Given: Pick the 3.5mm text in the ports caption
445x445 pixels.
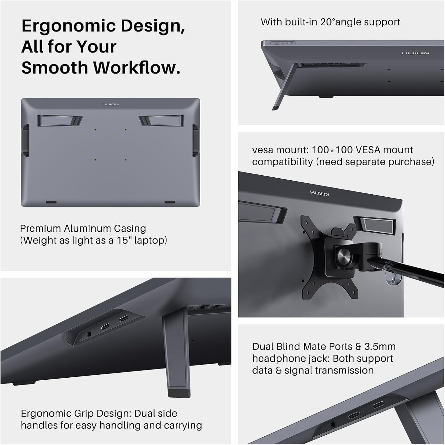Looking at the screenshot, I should pyautogui.click(x=377, y=347).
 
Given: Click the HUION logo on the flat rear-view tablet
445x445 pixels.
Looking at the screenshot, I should pyautogui.click(x=110, y=104).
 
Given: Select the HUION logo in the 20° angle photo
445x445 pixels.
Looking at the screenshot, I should pyautogui.click(x=415, y=53).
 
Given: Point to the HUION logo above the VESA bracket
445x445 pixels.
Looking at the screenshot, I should pyautogui.click(x=320, y=194).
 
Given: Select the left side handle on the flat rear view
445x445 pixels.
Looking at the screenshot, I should pyautogui.click(x=26, y=140).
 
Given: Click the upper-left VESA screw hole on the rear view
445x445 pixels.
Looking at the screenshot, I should pyautogui.click(x=95, y=130).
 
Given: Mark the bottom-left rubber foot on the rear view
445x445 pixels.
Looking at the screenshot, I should pyautogui.click(x=51, y=202).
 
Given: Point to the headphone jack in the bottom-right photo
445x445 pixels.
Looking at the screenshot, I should pyautogui.click(x=333, y=425).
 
